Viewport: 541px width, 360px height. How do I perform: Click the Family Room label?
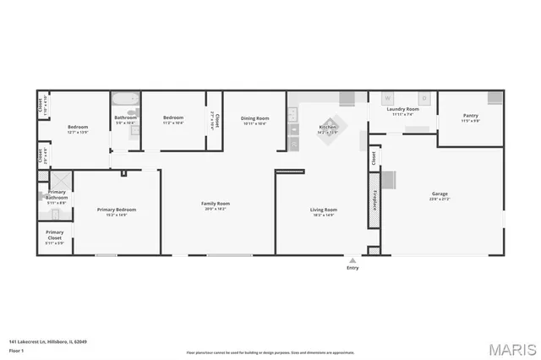pyautogui.click(x=216, y=204)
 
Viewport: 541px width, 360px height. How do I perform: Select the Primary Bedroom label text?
pyautogui.click(x=117, y=210)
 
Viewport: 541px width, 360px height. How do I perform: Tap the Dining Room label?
pyautogui.click(x=254, y=118)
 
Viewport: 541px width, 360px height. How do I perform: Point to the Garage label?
pyautogui.click(x=440, y=194)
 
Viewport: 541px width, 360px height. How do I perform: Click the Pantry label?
pyautogui.click(x=470, y=117)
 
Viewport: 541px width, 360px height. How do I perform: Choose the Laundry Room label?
pyautogui.click(x=402, y=110)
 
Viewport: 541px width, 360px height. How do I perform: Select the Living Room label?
pyautogui.click(x=323, y=210)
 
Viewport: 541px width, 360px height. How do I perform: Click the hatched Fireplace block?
pyautogui.click(x=373, y=200)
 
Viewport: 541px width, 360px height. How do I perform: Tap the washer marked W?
pyautogui.click(x=388, y=98)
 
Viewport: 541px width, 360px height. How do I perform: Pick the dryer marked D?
pyautogui.click(x=424, y=98)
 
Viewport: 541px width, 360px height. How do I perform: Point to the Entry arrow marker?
pyautogui.click(x=352, y=259)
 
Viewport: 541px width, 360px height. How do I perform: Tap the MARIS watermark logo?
pyautogui.click(x=508, y=348)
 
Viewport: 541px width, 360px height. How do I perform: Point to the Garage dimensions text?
pyautogui.click(x=440, y=199)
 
